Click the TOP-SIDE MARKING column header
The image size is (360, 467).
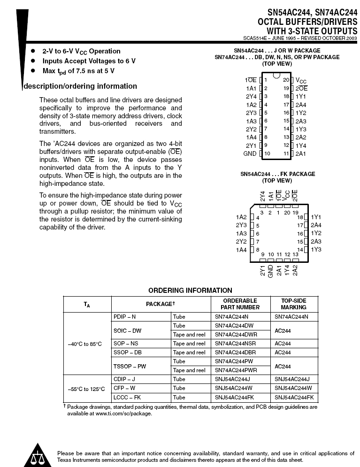click(293, 304)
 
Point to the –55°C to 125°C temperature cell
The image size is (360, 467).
click(87, 389)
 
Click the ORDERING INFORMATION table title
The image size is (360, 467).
click(190, 291)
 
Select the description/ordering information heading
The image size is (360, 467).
click(80, 86)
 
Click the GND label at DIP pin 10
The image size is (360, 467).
click(250, 153)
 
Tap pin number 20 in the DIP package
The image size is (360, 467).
click(286, 80)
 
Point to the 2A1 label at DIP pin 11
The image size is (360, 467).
click(301, 153)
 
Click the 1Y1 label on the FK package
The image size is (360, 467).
click(316, 217)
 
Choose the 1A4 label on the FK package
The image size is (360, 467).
click(241, 250)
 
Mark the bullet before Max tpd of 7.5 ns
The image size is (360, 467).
click(33, 71)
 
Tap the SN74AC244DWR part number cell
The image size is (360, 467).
click(236, 334)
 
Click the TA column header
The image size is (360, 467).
click(87, 304)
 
